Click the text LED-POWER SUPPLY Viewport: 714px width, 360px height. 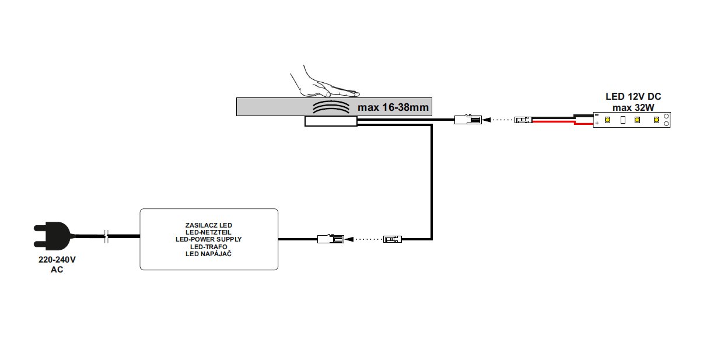click(x=208, y=239)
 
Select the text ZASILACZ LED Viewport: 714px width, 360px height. click(x=208, y=225)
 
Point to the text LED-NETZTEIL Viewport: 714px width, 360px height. click(x=208, y=232)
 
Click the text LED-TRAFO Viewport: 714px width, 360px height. click(x=208, y=247)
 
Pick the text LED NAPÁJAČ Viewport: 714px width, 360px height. click(x=208, y=254)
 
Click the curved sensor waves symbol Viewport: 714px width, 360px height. click(x=329, y=107)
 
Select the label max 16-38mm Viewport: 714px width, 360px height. click(x=393, y=107)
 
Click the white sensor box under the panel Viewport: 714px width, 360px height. click(x=330, y=121)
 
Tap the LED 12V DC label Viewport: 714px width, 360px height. click(x=633, y=97)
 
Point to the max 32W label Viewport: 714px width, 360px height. click(x=633, y=107)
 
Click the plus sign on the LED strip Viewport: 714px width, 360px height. click(x=597, y=124)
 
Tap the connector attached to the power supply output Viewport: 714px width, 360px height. click(x=330, y=239)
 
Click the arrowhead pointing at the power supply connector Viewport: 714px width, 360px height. click(x=349, y=239)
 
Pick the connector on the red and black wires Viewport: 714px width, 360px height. click(x=523, y=121)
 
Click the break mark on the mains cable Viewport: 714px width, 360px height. click(x=106, y=236)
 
